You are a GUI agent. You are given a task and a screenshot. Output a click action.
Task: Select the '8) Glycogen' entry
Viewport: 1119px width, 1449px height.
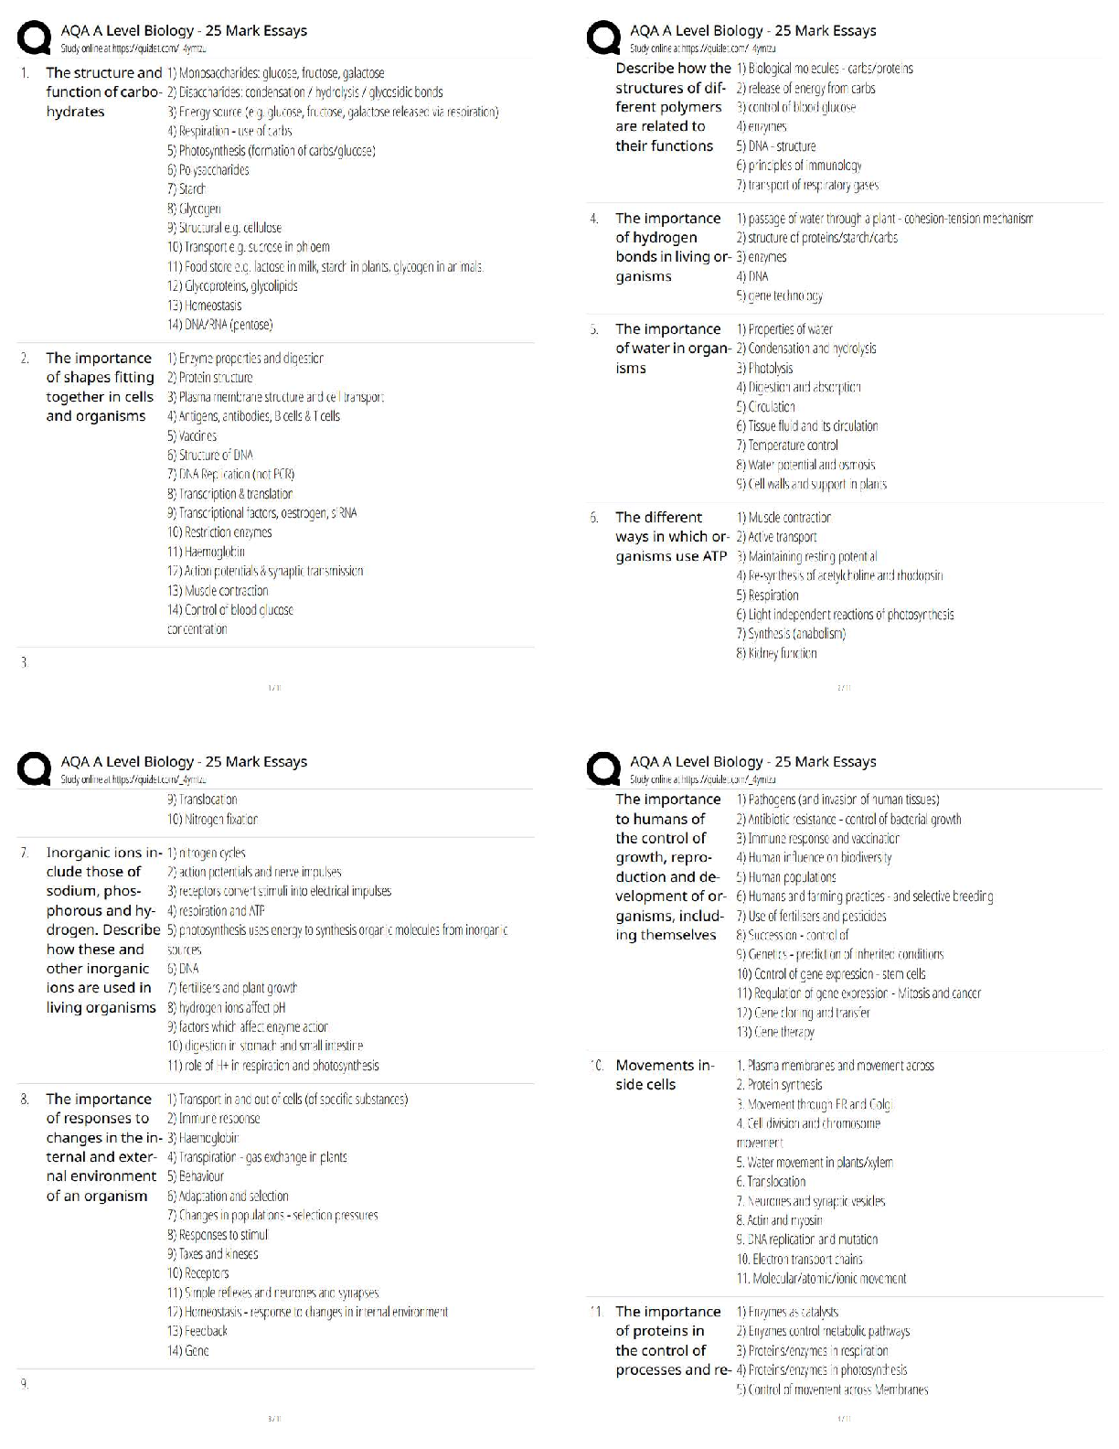[194, 209]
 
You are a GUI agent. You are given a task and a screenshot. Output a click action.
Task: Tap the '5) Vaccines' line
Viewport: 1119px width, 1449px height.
[192, 435]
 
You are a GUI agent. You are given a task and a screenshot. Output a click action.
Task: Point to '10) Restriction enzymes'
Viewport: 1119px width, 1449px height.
[219, 532]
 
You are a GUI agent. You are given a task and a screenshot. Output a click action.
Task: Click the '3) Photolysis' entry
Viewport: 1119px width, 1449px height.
[764, 368]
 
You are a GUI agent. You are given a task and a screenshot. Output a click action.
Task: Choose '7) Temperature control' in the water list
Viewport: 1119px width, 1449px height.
[786, 445]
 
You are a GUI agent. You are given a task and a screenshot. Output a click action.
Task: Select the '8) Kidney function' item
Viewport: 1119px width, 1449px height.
[776, 653]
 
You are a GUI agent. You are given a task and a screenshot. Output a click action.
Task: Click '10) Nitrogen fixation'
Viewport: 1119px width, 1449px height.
[212, 820]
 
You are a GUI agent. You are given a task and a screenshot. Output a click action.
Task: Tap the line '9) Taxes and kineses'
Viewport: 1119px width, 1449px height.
[212, 1254]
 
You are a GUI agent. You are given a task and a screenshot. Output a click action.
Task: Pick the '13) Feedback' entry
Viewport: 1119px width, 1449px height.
[197, 1331]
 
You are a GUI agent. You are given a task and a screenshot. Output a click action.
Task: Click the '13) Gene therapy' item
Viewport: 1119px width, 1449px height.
[775, 1032]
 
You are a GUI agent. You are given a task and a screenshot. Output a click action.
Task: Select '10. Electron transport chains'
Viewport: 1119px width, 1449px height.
[799, 1260]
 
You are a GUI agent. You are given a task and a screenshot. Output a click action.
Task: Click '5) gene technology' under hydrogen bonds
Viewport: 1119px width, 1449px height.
[779, 295]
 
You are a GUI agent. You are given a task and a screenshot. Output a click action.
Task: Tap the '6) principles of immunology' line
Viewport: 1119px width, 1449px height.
[798, 166]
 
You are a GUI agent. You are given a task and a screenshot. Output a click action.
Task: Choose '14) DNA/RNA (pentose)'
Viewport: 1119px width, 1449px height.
[219, 325]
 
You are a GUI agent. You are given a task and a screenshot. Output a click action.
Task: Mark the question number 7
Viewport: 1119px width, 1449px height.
[25, 853]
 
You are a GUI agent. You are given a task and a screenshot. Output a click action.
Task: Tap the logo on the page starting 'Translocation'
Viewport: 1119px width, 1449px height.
[35, 769]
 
